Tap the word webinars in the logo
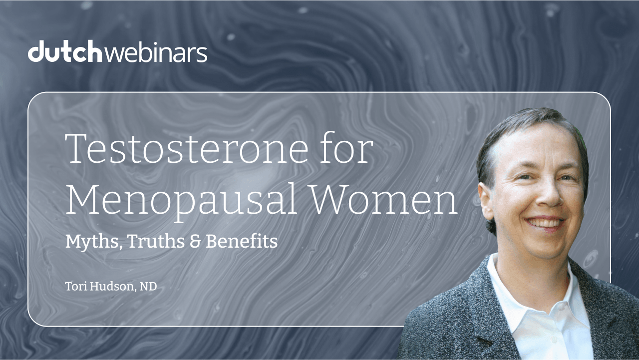156,52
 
